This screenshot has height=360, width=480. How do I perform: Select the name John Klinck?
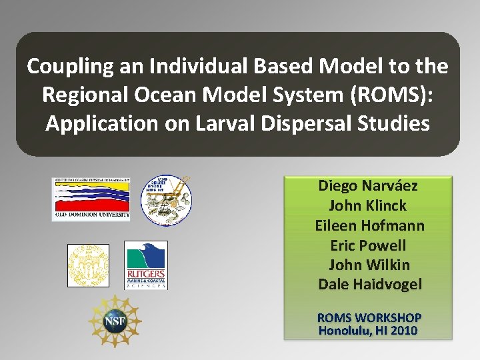[x=367, y=206]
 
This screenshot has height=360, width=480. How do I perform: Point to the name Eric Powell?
[x=369, y=245]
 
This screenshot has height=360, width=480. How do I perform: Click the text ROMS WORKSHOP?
[x=369, y=317]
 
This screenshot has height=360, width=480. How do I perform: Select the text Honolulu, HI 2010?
[x=368, y=330]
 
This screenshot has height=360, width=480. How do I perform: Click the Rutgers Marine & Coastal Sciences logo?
[x=146, y=265]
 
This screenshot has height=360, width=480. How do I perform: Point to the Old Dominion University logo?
[x=91, y=199]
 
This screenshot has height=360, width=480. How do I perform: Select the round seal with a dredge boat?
[x=165, y=198]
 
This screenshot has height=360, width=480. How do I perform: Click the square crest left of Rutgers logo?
[x=88, y=265]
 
